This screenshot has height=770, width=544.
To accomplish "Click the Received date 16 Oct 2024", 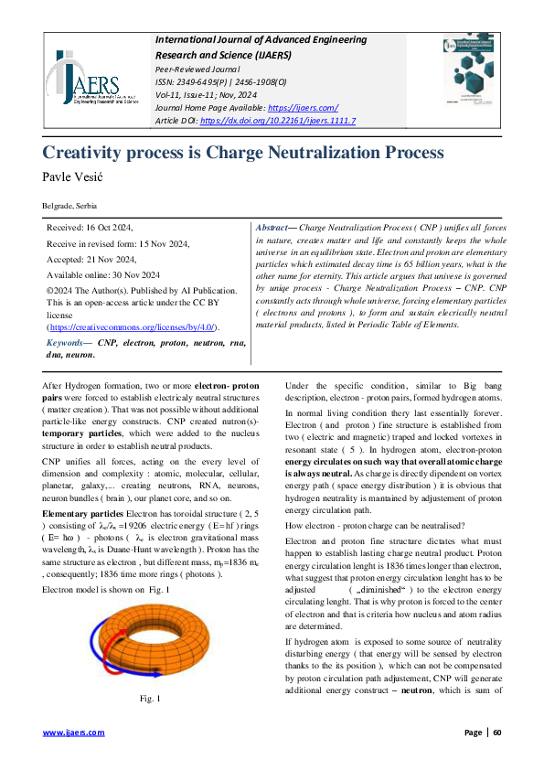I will [x=90, y=228].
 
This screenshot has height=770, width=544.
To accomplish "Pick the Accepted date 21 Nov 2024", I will [x=90, y=259].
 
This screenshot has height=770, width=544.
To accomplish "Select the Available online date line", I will [x=103, y=274].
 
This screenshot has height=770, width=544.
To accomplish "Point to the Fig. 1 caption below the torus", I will [x=149, y=699].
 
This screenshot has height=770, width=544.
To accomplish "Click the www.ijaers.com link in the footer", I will [x=74, y=733].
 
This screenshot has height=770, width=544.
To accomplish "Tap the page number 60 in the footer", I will [x=498, y=733].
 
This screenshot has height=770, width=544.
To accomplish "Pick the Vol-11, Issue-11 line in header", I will [x=210, y=95].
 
